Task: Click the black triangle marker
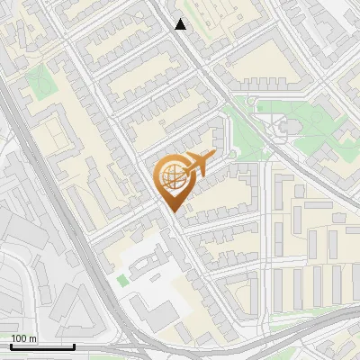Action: [181, 24]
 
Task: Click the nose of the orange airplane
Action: [212, 157]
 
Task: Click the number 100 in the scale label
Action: [19, 338]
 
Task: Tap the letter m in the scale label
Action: [32, 338]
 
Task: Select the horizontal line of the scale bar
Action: [42, 346]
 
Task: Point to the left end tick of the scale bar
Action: [11, 345]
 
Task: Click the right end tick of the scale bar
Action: [74, 345]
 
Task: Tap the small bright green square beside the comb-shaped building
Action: [122, 280]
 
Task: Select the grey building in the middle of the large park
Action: [289, 127]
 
